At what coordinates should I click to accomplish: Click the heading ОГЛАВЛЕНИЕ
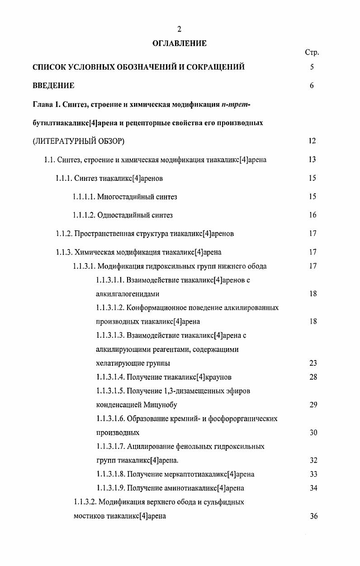pos(180,43)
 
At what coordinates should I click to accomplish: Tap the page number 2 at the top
pos(180,29)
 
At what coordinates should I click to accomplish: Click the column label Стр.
pos(312,52)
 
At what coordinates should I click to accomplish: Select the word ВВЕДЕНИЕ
pos(53,85)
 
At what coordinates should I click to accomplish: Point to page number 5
pos(312,67)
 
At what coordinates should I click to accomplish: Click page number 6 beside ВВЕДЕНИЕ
pos(312,85)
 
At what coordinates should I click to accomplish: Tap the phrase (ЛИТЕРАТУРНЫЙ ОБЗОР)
pos(79,141)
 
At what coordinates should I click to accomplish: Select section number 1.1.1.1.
pos(84,197)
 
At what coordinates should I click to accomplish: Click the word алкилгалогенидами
pos(128,294)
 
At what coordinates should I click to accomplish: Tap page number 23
pos(313,363)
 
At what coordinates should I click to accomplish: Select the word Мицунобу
pos(161,405)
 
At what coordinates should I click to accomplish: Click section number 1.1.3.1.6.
pos(110,419)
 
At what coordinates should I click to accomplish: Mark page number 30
pos(313,433)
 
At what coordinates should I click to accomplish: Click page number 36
pos(314,516)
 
